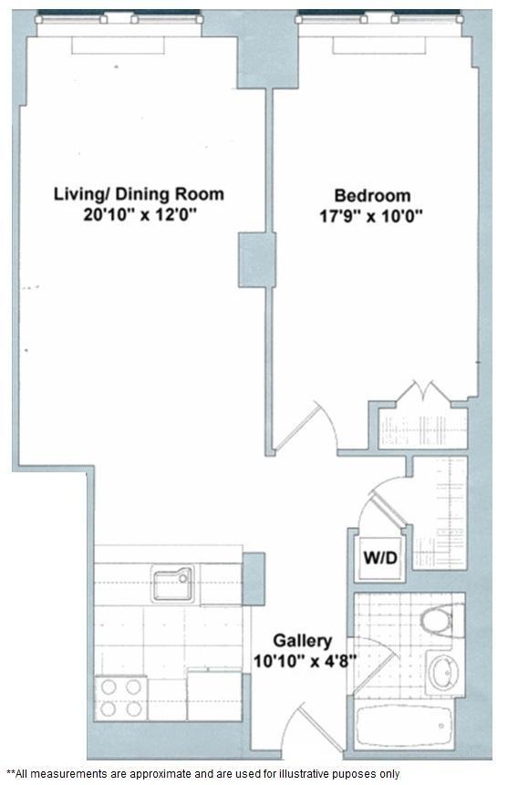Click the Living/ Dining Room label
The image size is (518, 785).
coord(139,194)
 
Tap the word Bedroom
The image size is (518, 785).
coord(372,195)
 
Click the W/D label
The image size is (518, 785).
coord(381,557)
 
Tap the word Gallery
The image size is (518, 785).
coord(302,641)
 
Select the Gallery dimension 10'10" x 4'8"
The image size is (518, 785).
coord(302,660)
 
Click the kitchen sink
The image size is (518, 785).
coord(172,584)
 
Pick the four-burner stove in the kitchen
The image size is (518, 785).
coord(121,697)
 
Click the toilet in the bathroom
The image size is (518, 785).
coord(440,622)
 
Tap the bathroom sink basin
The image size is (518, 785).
coord(444,673)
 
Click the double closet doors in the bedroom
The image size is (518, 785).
coord(425,392)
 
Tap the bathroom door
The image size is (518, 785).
coord(378,652)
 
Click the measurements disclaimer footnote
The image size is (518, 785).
coord(202,773)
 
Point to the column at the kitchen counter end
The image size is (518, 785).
coord(254,578)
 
